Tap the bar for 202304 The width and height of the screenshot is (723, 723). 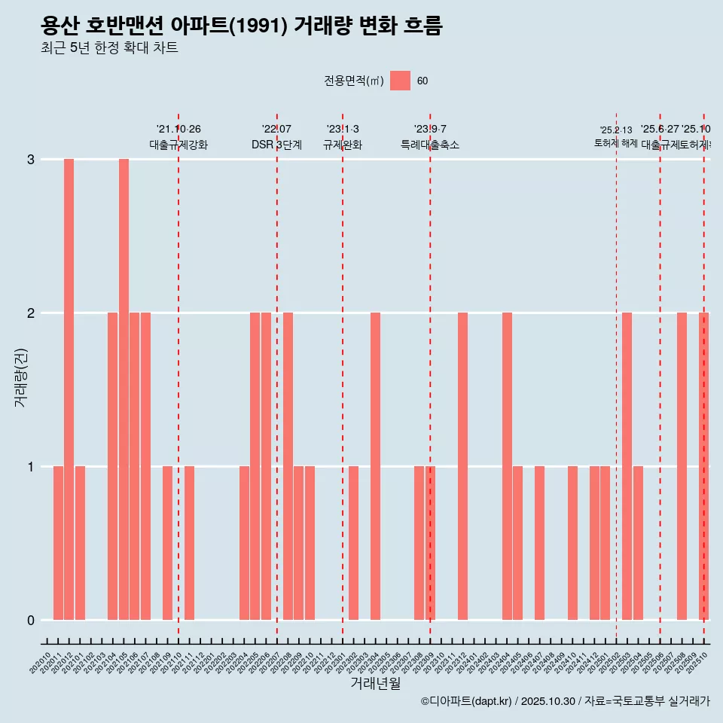(x=375, y=466)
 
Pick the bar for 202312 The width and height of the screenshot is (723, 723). (x=462, y=466)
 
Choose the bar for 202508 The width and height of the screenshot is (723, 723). (x=682, y=466)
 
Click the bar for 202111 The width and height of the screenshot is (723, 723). (x=189, y=543)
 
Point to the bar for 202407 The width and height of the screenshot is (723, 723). (x=539, y=543)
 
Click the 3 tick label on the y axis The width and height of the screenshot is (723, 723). (x=31, y=160)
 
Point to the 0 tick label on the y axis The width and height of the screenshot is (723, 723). (x=31, y=621)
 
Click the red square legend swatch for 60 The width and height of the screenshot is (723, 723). (x=401, y=81)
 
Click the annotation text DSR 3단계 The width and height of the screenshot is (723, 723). (x=276, y=145)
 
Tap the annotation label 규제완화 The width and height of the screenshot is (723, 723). (x=343, y=145)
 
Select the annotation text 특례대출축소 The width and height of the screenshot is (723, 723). (x=430, y=145)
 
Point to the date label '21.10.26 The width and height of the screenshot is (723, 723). (x=178, y=130)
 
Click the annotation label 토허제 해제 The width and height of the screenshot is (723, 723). (x=616, y=143)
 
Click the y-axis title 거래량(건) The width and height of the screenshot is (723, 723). (x=20, y=377)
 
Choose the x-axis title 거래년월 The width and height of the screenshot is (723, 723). (x=375, y=684)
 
